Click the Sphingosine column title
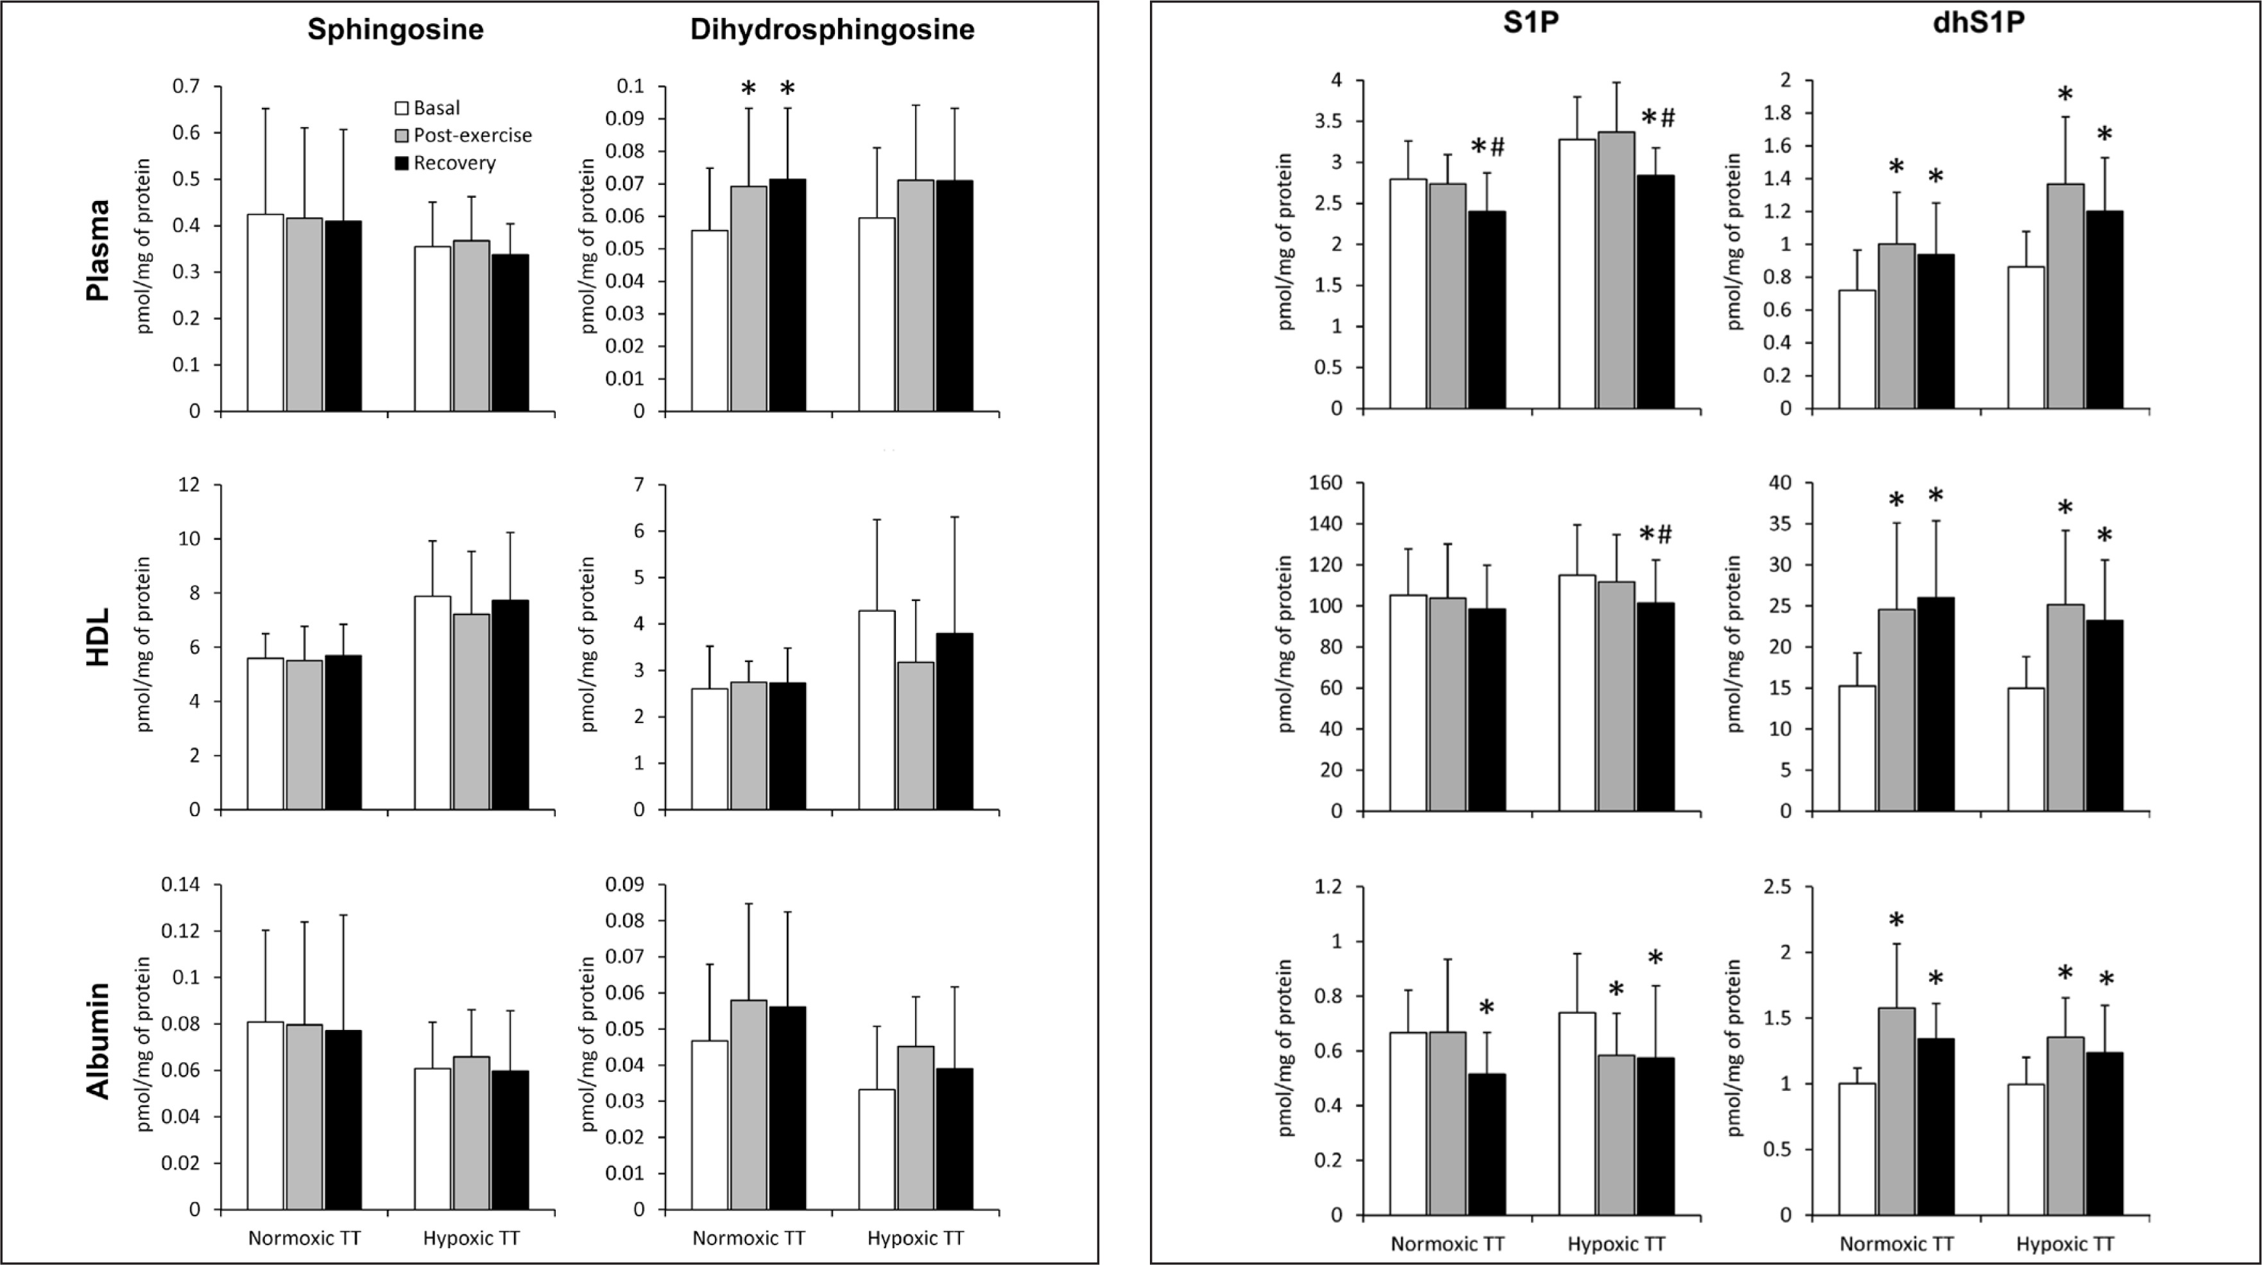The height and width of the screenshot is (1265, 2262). click(x=395, y=30)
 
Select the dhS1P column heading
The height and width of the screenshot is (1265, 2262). click(x=1978, y=24)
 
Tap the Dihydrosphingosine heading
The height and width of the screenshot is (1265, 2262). click(x=832, y=30)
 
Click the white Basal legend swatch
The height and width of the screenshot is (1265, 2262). click(x=402, y=108)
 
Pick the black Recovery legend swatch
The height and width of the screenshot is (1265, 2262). click(x=402, y=163)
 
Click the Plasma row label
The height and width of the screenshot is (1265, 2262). click(x=98, y=250)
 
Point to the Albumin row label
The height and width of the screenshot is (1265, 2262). click(x=98, y=1040)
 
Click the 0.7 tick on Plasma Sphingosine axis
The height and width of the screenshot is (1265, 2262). click(x=186, y=86)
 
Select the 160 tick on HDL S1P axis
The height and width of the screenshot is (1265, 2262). click(x=1324, y=483)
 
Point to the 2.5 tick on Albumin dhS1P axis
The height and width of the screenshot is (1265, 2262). click(x=1783, y=887)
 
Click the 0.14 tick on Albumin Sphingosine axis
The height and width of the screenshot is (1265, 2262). click(x=180, y=885)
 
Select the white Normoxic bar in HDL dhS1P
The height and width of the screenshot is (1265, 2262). click(x=1857, y=747)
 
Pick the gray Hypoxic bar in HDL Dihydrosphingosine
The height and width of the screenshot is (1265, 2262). click(x=916, y=735)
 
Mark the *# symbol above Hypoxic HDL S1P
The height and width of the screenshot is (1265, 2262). click(x=1656, y=534)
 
